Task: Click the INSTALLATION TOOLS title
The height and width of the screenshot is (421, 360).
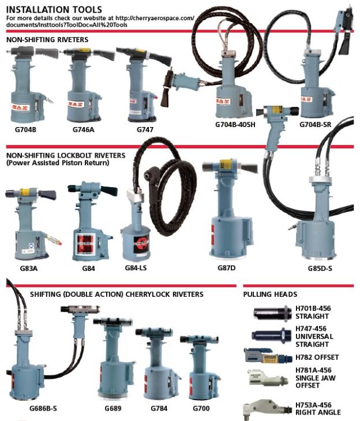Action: point(54,10)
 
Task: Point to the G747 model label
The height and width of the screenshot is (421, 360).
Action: point(145,129)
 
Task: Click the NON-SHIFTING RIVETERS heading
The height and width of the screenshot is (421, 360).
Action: point(47,40)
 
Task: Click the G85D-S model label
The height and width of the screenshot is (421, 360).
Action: point(322,268)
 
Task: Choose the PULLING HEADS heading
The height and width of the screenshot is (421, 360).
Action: point(270,294)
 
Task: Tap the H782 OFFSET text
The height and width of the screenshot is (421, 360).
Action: point(317,357)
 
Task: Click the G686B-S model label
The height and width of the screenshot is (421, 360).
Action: point(43,408)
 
